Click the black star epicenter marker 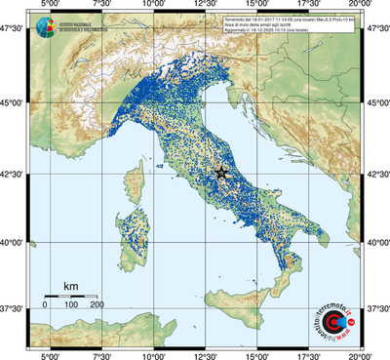tap(219, 172)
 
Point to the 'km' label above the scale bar tap(70, 286)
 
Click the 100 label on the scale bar tap(70, 306)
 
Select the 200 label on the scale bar tap(97, 306)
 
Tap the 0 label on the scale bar tap(45, 306)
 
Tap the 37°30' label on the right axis tap(376, 307)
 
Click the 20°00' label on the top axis tap(362, 6)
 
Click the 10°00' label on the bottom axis tap(153, 354)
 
